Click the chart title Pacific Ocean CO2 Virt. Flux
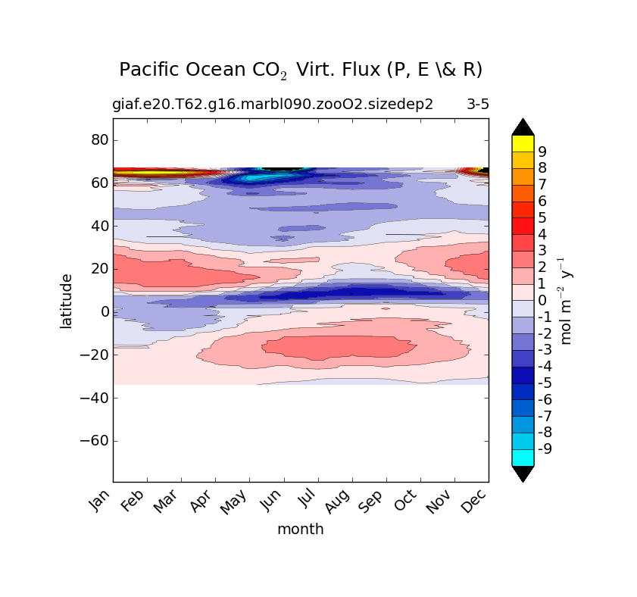point(301,70)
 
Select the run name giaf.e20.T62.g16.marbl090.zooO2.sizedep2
point(273,105)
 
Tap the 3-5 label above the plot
point(477,105)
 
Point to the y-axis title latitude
point(67,301)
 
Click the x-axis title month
point(301,530)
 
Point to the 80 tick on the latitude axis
point(99,140)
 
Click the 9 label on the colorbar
point(542,152)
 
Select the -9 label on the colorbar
point(545,449)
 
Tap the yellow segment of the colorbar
point(523,143)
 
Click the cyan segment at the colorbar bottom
point(523,458)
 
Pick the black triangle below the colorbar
point(523,474)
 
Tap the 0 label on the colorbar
point(542,301)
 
